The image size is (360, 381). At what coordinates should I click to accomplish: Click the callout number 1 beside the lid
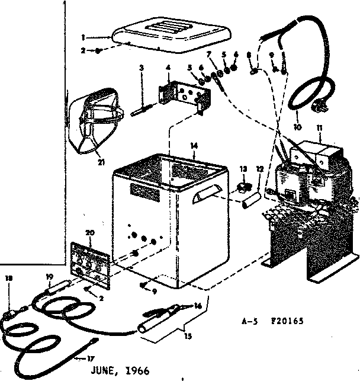(83, 37)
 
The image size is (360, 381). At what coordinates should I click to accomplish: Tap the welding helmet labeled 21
(97, 119)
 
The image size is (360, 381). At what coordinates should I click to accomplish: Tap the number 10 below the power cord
(297, 126)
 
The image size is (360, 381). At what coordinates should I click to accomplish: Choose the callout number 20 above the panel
(89, 233)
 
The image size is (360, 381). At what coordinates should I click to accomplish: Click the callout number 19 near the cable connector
(49, 276)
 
